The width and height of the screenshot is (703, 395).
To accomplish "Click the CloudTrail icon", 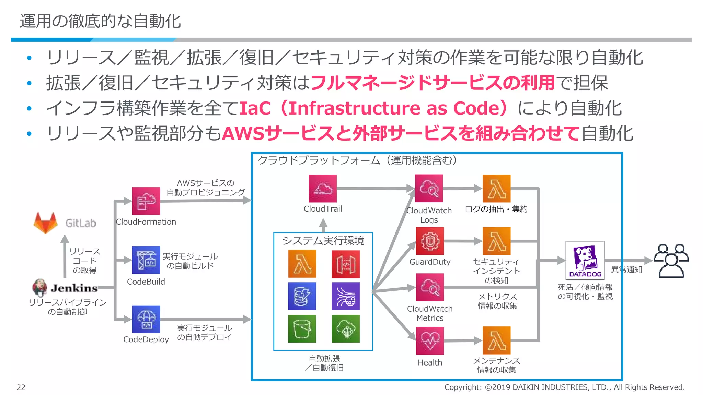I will pos(322,189).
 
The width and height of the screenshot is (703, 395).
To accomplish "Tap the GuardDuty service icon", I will pos(430,241).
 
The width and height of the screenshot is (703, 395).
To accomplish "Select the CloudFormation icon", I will pos(146,201).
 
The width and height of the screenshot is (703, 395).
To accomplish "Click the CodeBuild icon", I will pos(146,260).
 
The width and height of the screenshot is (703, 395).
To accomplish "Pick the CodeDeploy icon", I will pos(146,319).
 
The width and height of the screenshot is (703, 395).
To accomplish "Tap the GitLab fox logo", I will pos(45,223).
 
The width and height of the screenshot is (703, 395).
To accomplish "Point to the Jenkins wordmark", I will pos(74,288).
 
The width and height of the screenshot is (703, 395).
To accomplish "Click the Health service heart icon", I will pos(430,341).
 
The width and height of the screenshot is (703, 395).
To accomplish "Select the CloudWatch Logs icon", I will pos(429,189).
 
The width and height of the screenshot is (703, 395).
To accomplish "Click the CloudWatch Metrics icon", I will pos(430,287).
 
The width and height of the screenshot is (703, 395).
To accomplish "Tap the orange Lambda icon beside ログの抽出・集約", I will pos(496,189).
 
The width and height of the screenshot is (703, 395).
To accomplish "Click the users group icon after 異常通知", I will pos(671,261).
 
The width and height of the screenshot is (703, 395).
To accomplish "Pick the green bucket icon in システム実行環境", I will pos(302,328).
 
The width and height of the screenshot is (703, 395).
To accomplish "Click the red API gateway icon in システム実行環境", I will pos(345,264).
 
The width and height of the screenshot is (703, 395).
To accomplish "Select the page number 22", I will pos(21,387).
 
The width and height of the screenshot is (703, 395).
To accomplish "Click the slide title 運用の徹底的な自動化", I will pos(100,21).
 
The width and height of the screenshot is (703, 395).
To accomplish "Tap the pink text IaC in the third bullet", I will pos(255,108).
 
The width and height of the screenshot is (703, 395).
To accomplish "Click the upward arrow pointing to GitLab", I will pos(65,255).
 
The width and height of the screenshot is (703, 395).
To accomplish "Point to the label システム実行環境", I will pos(323,241).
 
